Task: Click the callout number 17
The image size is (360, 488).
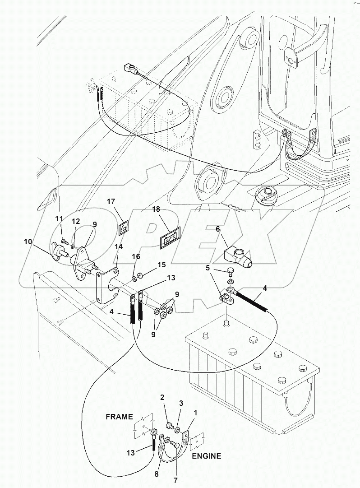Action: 111,202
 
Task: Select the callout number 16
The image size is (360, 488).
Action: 136,257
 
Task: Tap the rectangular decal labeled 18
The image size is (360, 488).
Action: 169,239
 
